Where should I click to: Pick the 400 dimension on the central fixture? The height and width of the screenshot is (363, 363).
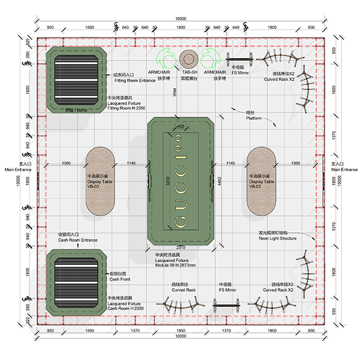tap(181, 126)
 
